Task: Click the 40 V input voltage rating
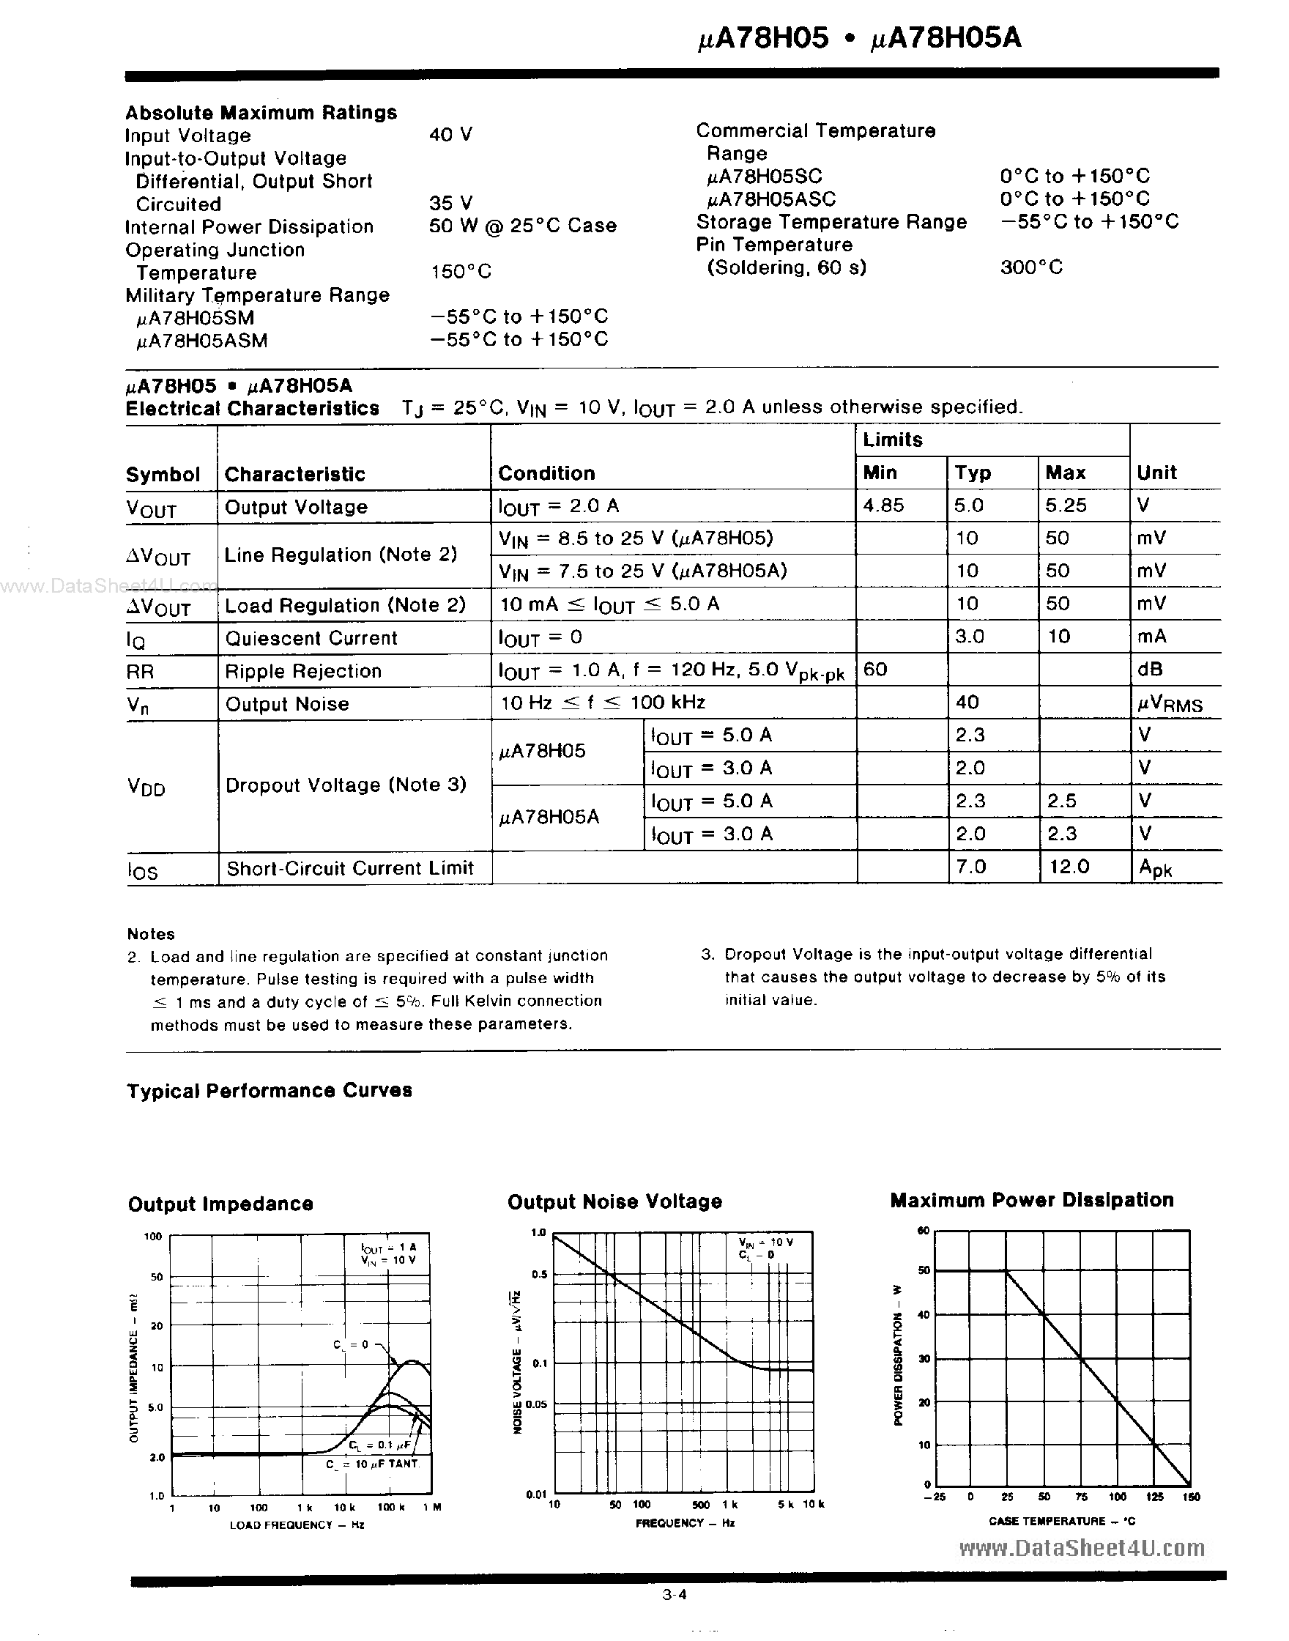450,134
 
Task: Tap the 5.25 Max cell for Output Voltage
1066,505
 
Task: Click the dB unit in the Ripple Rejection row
1150,669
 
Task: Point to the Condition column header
546,473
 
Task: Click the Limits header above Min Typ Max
893,440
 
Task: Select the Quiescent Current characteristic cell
311,638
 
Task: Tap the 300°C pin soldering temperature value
1031,267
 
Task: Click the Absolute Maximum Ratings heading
261,113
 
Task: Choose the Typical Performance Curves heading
270,1090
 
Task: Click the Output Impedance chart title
220,1204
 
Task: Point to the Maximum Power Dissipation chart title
1032,1200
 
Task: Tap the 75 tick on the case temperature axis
1081,1497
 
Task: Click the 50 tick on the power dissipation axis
924,1270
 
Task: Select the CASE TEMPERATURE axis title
1062,1521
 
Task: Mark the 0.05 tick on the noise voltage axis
537,1404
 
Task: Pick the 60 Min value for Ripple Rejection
875,669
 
